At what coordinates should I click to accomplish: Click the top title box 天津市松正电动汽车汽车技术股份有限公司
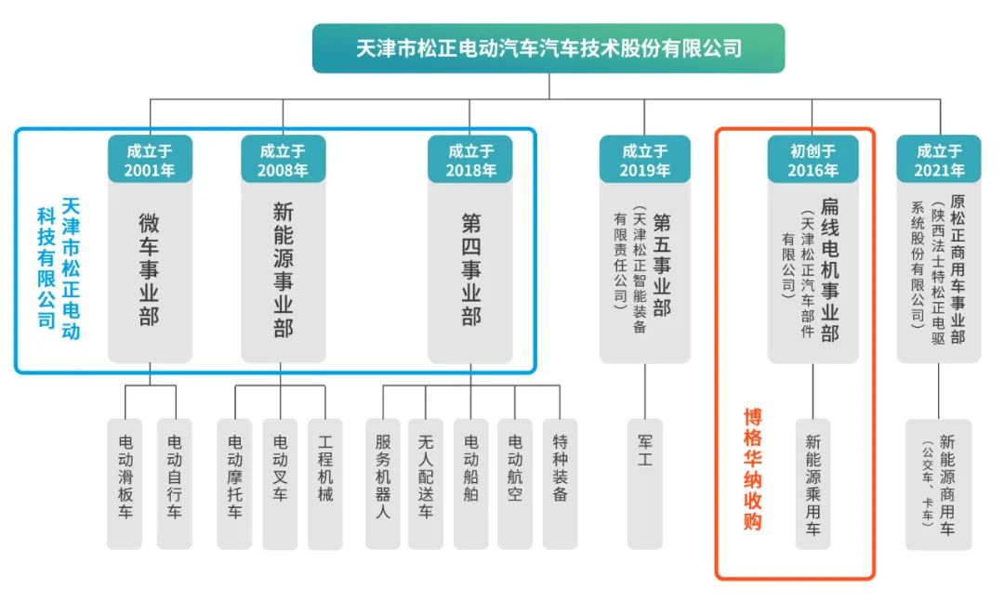[548, 48]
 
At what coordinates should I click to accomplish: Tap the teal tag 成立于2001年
[150, 160]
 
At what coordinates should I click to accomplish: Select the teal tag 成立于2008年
[283, 160]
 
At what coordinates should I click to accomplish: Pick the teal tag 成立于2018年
[470, 160]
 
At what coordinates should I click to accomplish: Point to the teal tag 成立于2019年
[644, 160]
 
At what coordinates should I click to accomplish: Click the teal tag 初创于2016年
[812, 160]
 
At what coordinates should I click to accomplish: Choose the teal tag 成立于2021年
[940, 160]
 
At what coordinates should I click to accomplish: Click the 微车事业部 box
[150, 269]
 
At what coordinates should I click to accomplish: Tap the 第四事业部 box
[470, 269]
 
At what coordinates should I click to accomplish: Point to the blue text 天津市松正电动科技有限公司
[59, 265]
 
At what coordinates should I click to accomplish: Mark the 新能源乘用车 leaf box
[812, 483]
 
